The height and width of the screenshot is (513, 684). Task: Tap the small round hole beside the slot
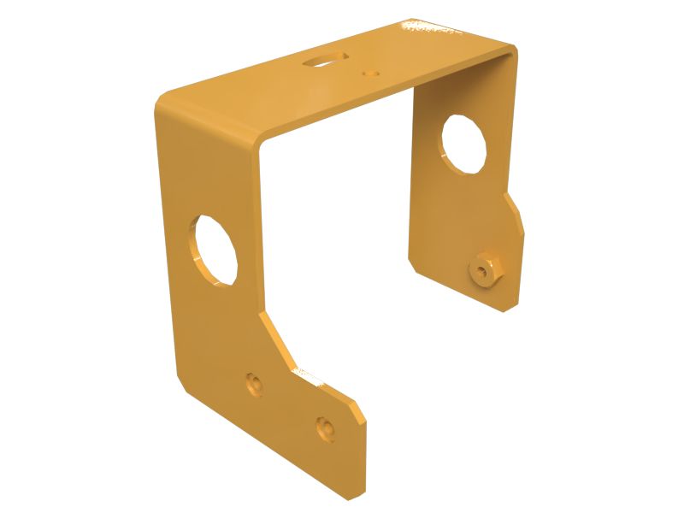click(370, 74)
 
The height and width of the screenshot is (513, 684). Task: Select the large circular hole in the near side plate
click(215, 250)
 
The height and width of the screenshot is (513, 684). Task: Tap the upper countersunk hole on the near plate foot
click(252, 382)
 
